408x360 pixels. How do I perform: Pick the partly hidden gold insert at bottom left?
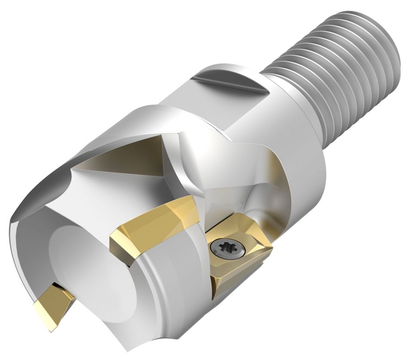pos(52,300)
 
